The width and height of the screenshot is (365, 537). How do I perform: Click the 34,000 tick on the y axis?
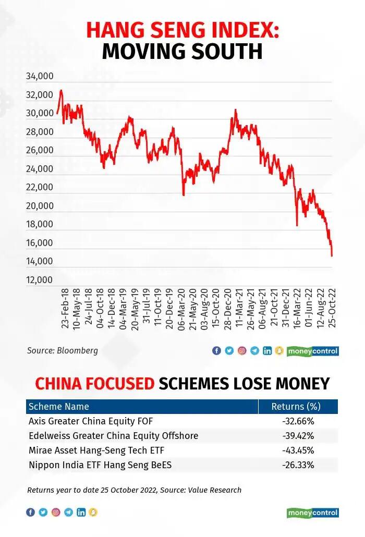[x=40, y=76]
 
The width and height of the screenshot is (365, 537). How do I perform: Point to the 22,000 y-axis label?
[x=40, y=187]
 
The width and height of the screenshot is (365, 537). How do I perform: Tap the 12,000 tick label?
[x=40, y=280]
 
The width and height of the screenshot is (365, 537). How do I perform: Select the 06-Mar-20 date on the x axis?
[x=181, y=309]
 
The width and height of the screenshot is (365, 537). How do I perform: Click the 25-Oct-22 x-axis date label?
[x=332, y=308]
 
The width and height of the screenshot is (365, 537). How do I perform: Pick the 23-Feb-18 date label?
[x=65, y=308]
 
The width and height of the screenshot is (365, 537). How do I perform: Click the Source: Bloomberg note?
[x=63, y=351]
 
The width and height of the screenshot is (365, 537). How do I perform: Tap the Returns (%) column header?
[x=296, y=407]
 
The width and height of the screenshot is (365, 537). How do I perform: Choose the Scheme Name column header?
[x=59, y=407]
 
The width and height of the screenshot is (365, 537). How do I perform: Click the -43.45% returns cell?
[x=298, y=450]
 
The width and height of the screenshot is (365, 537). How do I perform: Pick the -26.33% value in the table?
[x=298, y=465]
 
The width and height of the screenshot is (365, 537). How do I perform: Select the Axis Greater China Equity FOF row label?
[x=91, y=421]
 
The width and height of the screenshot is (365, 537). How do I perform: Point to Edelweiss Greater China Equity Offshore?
[x=113, y=436]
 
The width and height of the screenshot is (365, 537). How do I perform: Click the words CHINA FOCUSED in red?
[x=95, y=384]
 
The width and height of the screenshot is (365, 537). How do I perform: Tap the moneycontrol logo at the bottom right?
[x=313, y=512]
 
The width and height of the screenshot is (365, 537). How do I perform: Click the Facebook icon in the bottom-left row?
[x=30, y=512]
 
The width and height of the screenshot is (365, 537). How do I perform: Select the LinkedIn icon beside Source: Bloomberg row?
[x=267, y=351]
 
